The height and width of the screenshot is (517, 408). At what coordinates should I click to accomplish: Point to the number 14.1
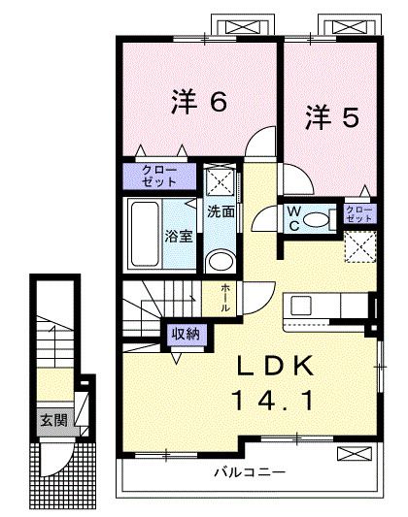pyautogui.click(x=275, y=399)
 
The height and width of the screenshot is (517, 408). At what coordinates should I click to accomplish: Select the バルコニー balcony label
pyautogui.click(x=249, y=474)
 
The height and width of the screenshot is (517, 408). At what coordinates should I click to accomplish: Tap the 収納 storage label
pyautogui.click(x=185, y=333)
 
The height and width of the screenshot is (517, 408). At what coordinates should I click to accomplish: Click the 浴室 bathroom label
pyautogui.click(x=177, y=235)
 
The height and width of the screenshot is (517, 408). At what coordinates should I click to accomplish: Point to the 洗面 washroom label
pyautogui.click(x=221, y=211)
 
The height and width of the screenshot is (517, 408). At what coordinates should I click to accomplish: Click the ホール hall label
pyautogui.click(x=226, y=295)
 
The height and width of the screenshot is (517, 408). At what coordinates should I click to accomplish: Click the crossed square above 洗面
pyautogui.click(x=221, y=181)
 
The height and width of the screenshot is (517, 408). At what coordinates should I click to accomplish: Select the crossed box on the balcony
pyautogui.click(x=352, y=454)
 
